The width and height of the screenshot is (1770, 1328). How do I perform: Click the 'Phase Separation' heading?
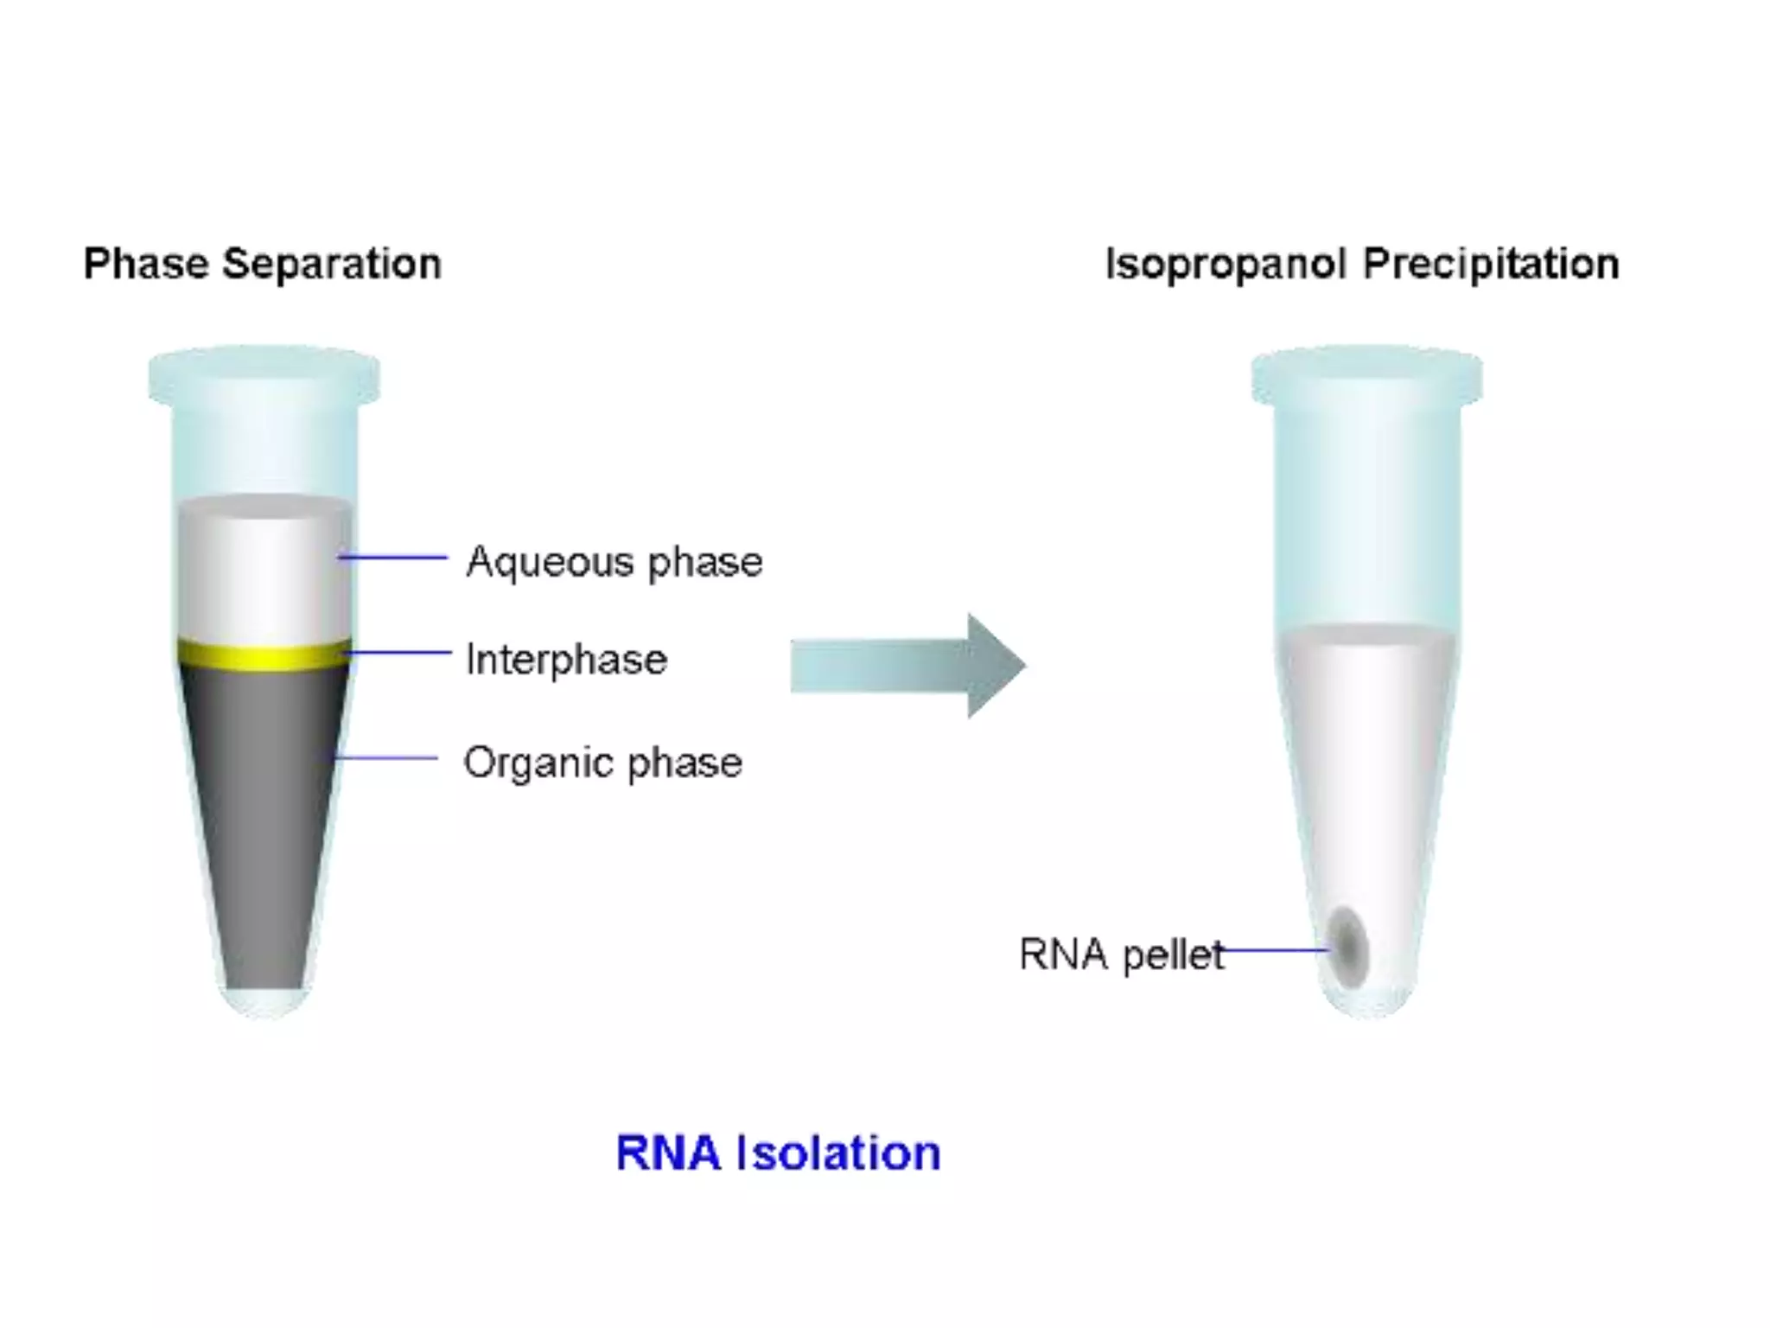tap(262, 264)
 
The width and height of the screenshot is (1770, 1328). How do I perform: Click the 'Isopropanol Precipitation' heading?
tap(1362, 264)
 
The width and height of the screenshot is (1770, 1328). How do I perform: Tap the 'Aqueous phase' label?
tap(614, 562)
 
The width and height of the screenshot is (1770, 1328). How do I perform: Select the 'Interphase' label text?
tap(566, 660)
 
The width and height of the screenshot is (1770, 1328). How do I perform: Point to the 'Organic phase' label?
tap(602, 763)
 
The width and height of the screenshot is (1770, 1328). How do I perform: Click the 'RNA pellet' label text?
tap(1121, 954)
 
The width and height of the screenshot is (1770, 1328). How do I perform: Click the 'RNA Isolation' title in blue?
tap(778, 1152)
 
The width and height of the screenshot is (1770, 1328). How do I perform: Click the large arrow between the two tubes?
tap(907, 666)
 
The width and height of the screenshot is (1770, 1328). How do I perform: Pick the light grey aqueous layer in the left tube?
tap(264, 571)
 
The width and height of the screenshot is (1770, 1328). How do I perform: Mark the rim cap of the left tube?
tap(264, 374)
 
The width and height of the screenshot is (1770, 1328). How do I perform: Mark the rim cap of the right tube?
tap(1367, 374)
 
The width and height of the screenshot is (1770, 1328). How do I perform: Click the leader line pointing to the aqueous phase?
tap(394, 558)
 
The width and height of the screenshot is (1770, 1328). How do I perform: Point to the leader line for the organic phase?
tap(387, 758)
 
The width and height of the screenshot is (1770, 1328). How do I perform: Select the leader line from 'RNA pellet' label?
tap(1275, 951)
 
